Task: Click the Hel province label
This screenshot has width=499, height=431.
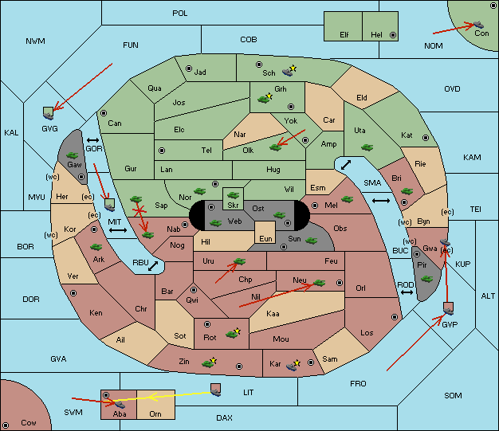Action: pyautogui.click(x=376, y=35)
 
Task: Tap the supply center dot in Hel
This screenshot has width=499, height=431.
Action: pyautogui.click(x=393, y=35)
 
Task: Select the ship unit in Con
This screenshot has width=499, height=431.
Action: pyautogui.click(x=478, y=25)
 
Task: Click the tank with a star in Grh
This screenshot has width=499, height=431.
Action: pyautogui.click(x=265, y=99)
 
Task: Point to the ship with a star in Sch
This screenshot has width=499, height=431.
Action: pyautogui.click(x=289, y=71)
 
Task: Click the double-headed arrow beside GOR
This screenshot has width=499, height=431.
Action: pyautogui.click(x=92, y=140)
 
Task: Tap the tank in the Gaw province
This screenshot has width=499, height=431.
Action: pyautogui.click(x=73, y=155)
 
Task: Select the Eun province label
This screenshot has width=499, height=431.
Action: pyautogui.click(x=265, y=238)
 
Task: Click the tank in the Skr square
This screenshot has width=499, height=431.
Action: pyautogui.click(x=234, y=194)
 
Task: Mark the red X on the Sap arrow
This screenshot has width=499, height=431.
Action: pyautogui.click(x=139, y=210)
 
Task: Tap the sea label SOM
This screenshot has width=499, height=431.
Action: pyautogui.click(x=453, y=396)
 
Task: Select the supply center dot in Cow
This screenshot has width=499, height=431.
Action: pyautogui.click(x=6, y=425)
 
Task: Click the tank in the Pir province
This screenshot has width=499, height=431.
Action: pyautogui.click(x=426, y=279)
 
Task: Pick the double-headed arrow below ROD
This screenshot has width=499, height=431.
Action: pyautogui.click(x=407, y=292)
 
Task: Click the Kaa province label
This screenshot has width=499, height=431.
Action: pyautogui.click(x=273, y=314)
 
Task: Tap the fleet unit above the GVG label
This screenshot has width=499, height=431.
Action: pyautogui.click(x=48, y=113)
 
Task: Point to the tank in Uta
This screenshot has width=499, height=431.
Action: pyautogui.click(x=367, y=147)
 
